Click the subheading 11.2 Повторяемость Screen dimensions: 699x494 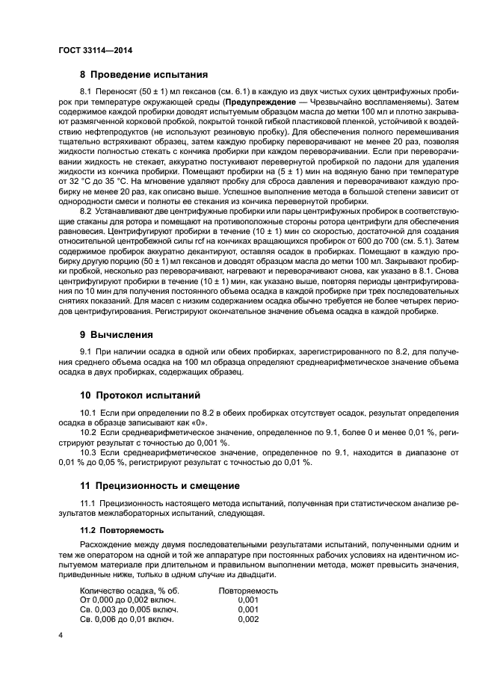pyautogui.click(x=122, y=530)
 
